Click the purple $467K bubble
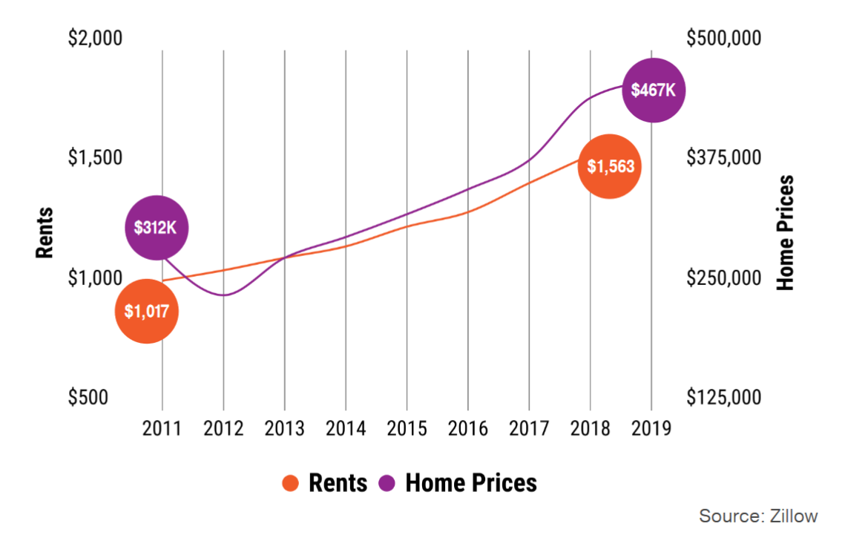coord(653,90)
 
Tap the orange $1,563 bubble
coord(610,166)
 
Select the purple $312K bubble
coord(156,227)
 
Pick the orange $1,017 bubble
coord(147,312)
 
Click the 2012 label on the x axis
coord(223,428)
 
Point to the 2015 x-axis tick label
coord(407,428)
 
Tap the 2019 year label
coord(651,428)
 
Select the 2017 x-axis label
coord(529,428)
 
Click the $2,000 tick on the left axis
coord(95,38)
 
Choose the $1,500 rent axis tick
coord(95,158)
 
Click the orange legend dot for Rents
coord(291,484)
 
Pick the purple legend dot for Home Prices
coord(387,484)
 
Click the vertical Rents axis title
coord(45,233)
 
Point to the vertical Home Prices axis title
coord(785,233)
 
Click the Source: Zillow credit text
coord(757,516)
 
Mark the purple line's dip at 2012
coord(223,295)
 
